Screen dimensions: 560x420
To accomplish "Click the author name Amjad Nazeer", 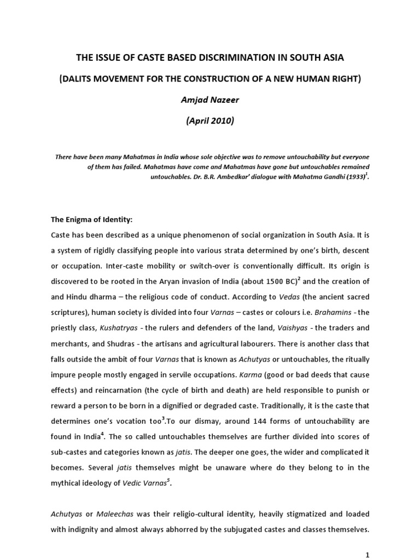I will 209,100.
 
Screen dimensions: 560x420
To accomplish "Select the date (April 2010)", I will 209,121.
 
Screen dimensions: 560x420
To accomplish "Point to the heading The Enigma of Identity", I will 92,219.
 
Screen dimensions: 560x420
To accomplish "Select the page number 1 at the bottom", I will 368,553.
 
